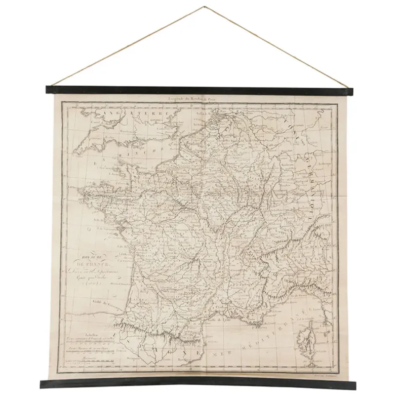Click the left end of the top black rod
click(x=48, y=89)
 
